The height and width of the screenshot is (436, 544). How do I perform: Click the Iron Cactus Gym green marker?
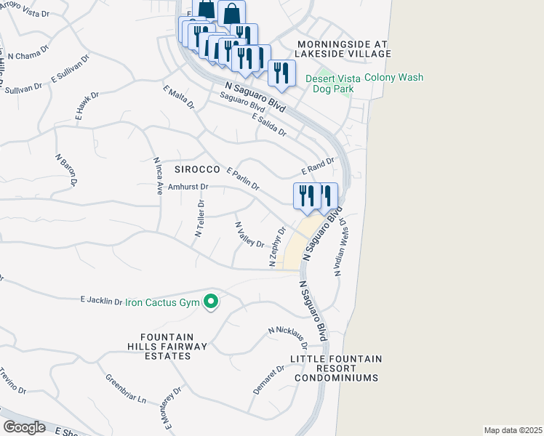tap(211, 301)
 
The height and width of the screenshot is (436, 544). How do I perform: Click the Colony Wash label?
tap(393, 78)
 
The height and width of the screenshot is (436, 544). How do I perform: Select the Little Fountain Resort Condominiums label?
tap(336, 368)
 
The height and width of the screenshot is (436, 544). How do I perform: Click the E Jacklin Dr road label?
tap(101, 300)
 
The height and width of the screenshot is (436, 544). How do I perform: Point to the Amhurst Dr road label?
tap(188, 187)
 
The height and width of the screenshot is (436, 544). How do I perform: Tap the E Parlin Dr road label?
tap(243, 179)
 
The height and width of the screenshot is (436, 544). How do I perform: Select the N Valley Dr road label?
tap(249, 234)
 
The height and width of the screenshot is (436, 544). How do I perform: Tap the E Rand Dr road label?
tap(318, 167)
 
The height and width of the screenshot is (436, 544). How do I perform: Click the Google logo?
tap(25, 427)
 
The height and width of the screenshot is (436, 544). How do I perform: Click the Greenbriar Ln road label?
tap(126, 389)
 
